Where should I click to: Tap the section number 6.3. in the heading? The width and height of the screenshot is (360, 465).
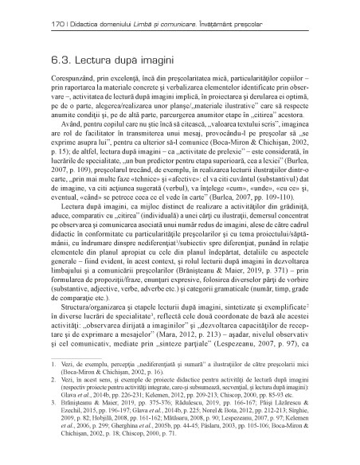coord(39,60)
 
